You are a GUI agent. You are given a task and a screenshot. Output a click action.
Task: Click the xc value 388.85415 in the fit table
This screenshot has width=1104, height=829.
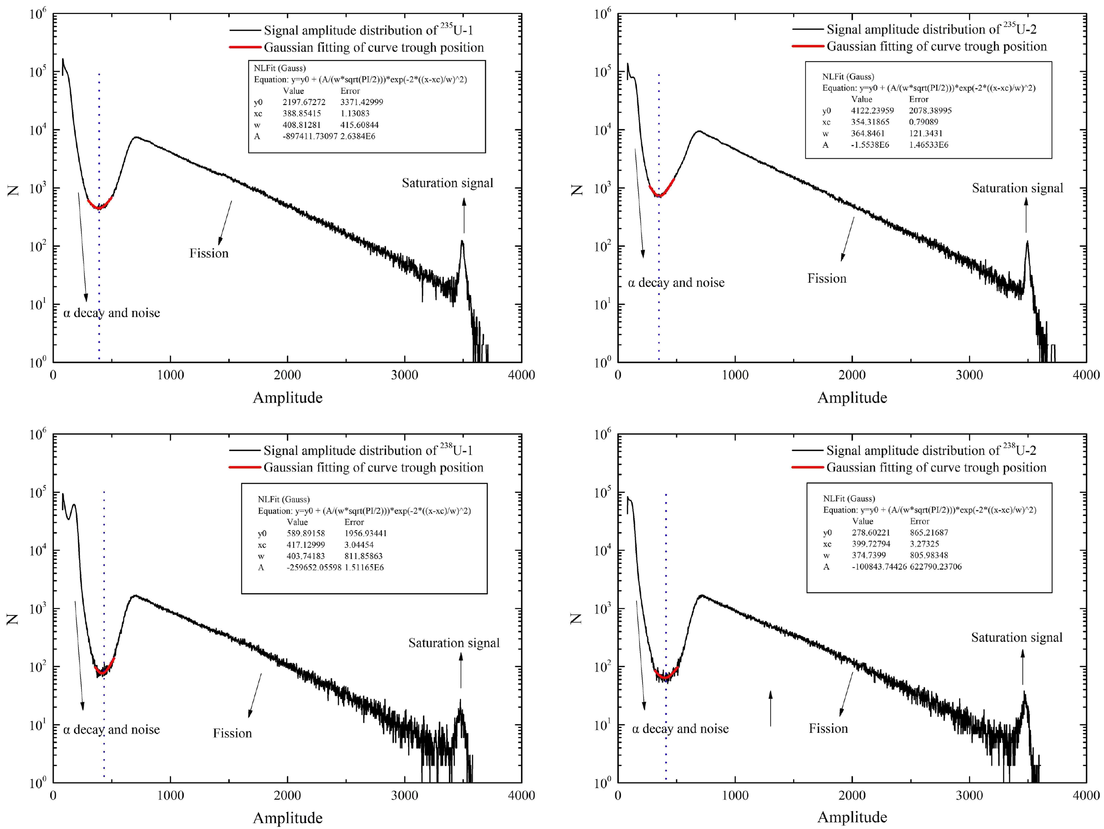[302, 113]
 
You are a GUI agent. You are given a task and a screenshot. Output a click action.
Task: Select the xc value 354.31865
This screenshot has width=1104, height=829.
[870, 122]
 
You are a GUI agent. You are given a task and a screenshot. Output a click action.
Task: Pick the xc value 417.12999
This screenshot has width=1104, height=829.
[306, 545]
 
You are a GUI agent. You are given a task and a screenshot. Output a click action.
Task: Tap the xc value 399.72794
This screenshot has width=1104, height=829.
[871, 543]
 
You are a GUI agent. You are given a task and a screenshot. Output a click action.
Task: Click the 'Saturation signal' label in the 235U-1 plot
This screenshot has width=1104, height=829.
[447, 183]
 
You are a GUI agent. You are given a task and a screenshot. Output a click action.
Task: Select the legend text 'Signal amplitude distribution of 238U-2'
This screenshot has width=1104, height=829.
[931, 450]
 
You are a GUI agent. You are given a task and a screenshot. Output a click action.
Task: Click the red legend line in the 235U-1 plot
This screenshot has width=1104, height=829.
[245, 47]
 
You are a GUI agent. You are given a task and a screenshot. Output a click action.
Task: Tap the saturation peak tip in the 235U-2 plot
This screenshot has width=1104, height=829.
[1027, 242]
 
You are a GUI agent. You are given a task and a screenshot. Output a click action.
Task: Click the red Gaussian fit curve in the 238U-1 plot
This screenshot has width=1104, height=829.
[104, 671]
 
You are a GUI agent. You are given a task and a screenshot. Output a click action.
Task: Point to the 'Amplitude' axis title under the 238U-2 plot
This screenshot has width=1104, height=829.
[852, 817]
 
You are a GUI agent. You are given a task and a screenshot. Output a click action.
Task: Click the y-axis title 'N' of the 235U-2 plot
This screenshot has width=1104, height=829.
[577, 190]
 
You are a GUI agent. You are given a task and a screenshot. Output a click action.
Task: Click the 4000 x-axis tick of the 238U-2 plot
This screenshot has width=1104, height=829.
[1086, 795]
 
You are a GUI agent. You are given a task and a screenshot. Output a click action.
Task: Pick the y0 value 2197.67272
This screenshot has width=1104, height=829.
[304, 102]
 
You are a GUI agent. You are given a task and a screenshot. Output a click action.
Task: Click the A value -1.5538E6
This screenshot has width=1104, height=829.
[870, 145]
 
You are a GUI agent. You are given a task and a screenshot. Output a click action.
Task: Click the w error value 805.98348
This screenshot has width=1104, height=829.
[929, 555]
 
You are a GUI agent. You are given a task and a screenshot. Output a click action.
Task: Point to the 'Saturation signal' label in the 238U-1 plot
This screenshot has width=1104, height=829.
[454, 643]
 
